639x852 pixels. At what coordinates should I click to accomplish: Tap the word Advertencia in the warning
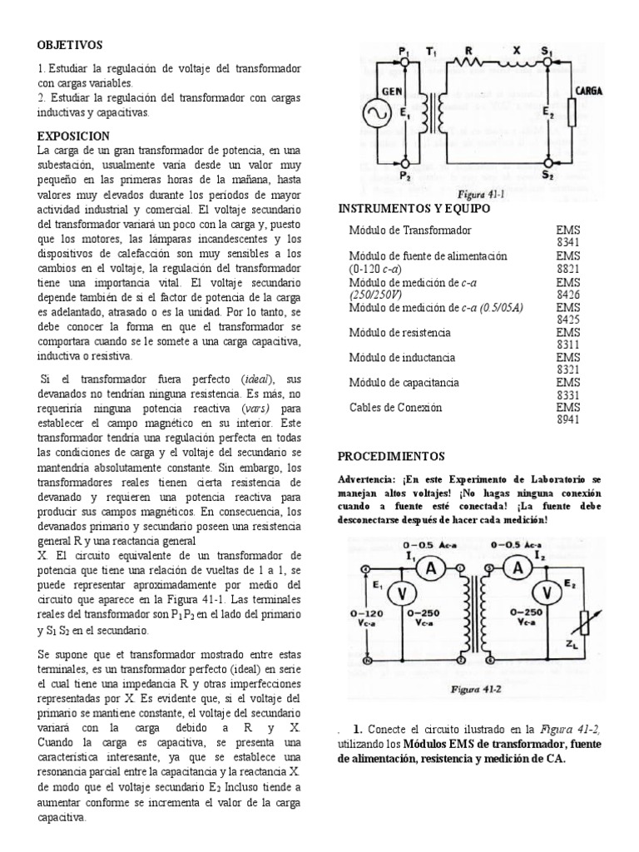pyautogui.click(x=366, y=481)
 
